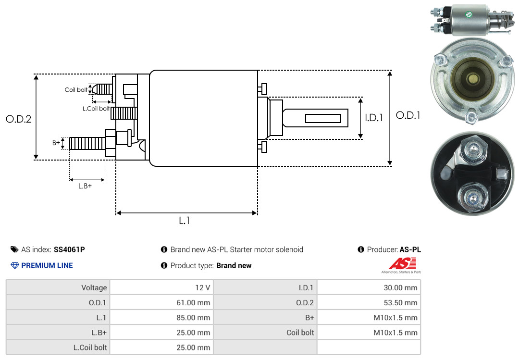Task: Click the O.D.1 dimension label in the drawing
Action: coord(408,115)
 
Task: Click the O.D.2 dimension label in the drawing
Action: coord(19,119)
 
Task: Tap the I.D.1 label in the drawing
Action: coord(374,118)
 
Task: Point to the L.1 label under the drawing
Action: coord(185,221)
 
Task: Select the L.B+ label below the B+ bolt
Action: coord(85,186)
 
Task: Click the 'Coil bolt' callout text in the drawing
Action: coord(76,90)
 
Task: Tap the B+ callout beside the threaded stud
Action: coord(56,142)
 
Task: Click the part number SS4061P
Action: coord(69,249)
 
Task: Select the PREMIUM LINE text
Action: coord(47,266)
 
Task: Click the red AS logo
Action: coord(403,263)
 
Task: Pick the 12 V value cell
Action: coord(161,287)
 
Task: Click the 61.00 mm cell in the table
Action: coord(161,302)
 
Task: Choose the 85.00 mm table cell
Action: coord(161,317)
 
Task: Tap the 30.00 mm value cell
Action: coord(369,287)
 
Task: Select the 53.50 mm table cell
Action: coord(369,302)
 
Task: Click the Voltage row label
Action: coord(94,287)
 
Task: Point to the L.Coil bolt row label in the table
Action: coord(90,348)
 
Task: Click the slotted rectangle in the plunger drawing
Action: coord(323,118)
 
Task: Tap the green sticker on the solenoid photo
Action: coord(469,14)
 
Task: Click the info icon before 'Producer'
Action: coord(361,249)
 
